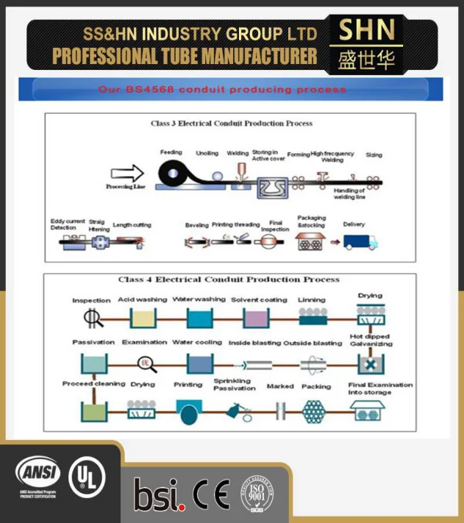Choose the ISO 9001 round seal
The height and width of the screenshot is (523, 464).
pos(255,493)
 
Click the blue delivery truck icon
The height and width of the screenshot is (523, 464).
pos(360,241)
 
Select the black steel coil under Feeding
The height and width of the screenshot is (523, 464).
pos(174,174)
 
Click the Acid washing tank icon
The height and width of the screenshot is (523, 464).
pos(143,317)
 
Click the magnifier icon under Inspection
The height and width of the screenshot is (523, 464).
pos(92,317)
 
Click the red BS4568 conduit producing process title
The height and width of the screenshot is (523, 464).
pos(222,90)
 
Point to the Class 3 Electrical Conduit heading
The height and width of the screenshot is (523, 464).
pos(232,124)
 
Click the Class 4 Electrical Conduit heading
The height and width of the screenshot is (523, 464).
pos(229,280)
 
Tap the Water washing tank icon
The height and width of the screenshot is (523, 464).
pos(199,317)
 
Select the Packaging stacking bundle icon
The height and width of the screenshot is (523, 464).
pos(312,241)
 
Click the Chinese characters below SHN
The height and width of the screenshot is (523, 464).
pos(366,59)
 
